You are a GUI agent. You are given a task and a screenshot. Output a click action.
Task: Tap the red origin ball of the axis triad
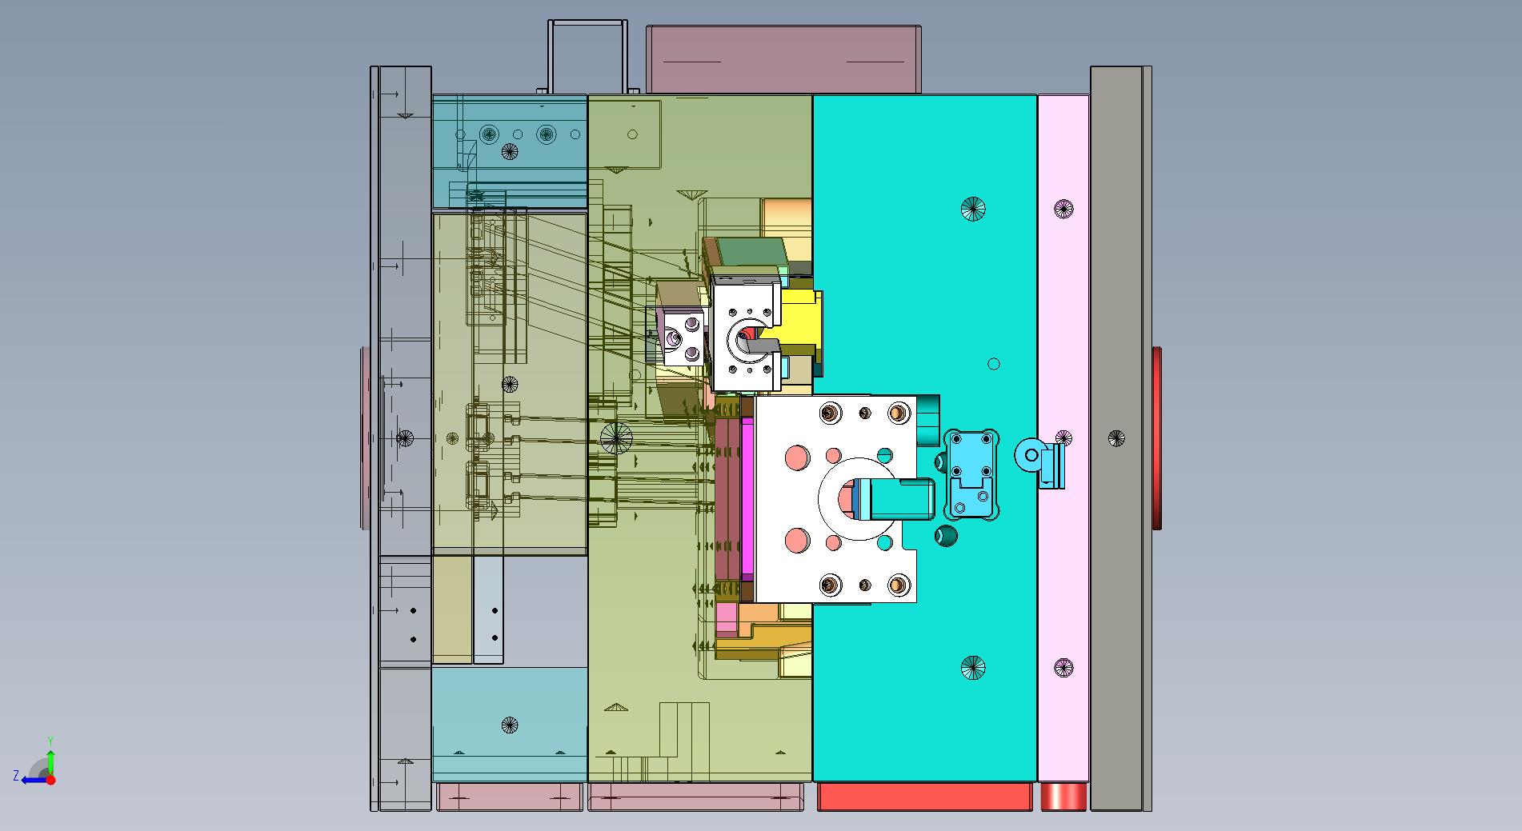tap(50, 780)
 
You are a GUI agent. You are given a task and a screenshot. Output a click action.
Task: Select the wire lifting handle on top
tap(587, 56)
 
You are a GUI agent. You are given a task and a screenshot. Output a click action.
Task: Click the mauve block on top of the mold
tap(783, 59)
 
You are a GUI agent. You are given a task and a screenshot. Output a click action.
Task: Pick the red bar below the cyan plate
tap(924, 797)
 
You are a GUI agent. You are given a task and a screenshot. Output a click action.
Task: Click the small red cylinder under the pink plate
tap(1063, 797)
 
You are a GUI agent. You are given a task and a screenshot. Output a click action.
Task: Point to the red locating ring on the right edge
tap(1156, 438)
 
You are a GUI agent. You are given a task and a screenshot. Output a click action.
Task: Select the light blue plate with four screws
tap(971, 475)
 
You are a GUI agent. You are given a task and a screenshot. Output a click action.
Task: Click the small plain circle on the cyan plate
tap(994, 364)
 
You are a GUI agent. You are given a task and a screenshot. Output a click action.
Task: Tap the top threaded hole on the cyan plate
tap(973, 209)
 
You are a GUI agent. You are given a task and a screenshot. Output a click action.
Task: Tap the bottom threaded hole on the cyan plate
tap(973, 667)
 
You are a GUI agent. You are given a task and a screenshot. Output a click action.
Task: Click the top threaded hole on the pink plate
tap(1063, 210)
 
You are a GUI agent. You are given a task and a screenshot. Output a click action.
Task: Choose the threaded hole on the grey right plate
tap(1116, 438)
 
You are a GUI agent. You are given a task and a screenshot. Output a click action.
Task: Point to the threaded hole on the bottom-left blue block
tap(510, 725)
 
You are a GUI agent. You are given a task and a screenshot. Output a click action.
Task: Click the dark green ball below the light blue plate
tap(947, 535)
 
